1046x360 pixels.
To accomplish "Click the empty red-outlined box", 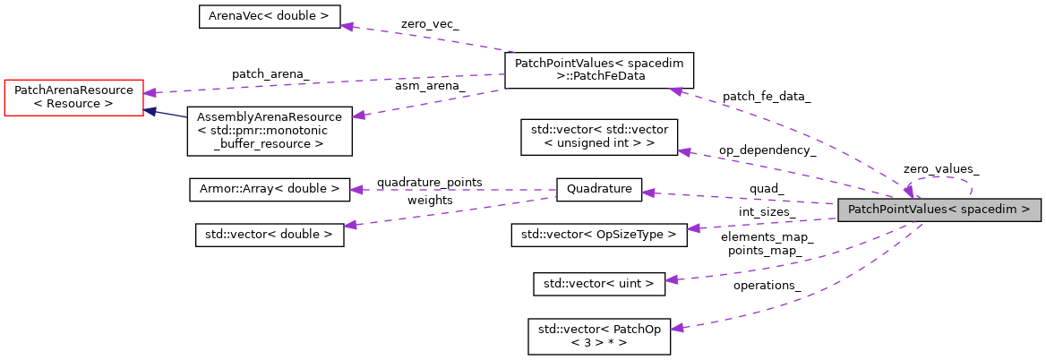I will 73,98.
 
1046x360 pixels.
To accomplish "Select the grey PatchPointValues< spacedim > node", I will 939,210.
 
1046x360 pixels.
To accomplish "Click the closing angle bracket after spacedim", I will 1025,210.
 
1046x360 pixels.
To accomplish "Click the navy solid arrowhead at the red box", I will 151,112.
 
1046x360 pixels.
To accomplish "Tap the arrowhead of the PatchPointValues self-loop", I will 908,191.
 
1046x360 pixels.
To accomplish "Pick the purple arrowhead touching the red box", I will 150,92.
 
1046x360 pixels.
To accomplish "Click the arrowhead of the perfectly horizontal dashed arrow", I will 356,190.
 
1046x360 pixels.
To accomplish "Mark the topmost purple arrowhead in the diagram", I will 346,26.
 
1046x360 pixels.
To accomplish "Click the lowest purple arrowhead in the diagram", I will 677,329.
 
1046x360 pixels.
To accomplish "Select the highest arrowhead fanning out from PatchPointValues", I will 676,90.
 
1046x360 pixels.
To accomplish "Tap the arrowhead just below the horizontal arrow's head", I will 350,225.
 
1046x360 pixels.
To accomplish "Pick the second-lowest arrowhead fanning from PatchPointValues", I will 671,280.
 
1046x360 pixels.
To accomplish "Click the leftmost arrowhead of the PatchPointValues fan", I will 647,193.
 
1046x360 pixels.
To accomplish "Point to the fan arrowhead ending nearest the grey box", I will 692,228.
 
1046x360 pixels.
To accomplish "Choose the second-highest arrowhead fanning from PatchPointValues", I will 684,152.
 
